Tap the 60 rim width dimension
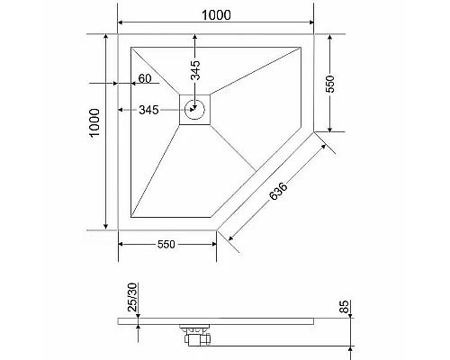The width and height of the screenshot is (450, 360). tap(144, 79)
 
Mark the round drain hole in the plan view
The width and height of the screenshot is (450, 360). tap(195, 111)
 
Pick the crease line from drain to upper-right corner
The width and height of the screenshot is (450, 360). tap(256, 76)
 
